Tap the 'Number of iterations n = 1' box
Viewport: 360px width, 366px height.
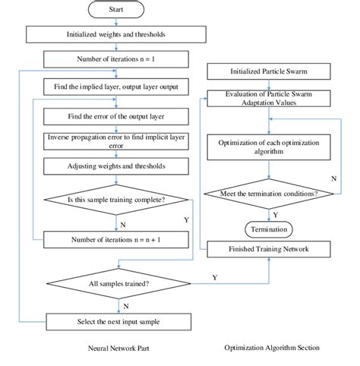[115, 58]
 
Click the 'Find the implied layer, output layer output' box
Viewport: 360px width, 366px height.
[115, 87]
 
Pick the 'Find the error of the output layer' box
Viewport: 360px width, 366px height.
[115, 117]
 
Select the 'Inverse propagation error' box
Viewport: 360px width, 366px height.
[115, 141]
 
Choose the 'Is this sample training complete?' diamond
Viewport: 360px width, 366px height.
[115, 200]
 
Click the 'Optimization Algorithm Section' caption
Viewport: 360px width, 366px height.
[271, 348]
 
